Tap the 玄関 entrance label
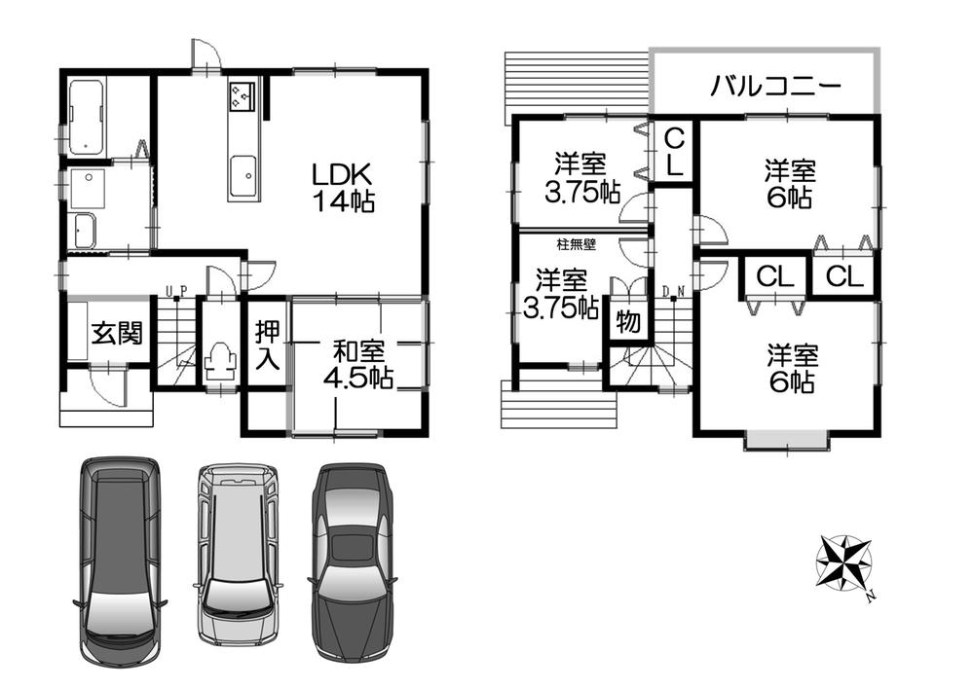pos(117,334)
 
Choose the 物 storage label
pos(628,322)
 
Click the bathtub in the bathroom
pos(90,118)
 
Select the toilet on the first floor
pos(221,362)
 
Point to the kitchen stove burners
pos(241,97)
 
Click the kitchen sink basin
pos(241,176)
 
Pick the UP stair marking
pos(176,290)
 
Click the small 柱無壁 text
pos(578,245)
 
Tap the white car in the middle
pos(237,553)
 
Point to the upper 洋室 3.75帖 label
pos(581,178)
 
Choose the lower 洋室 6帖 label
pos(789,367)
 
